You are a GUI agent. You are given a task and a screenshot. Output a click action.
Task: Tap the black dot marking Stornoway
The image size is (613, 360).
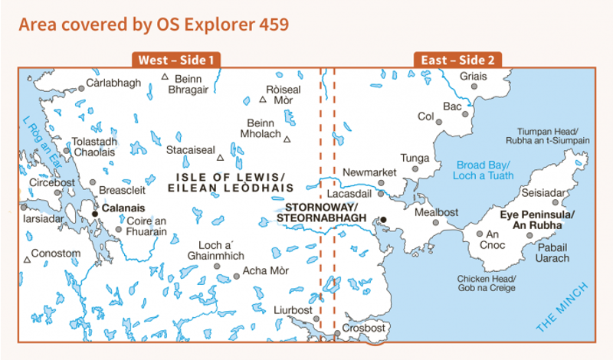[x=384, y=221]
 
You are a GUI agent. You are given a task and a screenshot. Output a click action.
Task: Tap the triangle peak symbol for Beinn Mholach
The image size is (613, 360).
[x=287, y=139]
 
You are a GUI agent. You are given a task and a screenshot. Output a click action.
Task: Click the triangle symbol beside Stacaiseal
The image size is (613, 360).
[x=221, y=158]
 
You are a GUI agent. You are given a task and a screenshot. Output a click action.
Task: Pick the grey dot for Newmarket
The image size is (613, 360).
[x=380, y=184]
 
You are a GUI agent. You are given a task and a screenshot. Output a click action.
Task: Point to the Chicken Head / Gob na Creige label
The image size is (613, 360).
[x=486, y=283]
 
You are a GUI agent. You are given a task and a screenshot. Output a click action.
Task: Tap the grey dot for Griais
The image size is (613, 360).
[x=474, y=87]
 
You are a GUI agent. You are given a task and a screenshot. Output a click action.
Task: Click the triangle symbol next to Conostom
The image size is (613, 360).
[x=27, y=260]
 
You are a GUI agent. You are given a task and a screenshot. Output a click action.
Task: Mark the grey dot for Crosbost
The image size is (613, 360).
[x=337, y=333]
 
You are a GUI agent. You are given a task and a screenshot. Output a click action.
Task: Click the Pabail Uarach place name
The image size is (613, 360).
[x=549, y=253]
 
